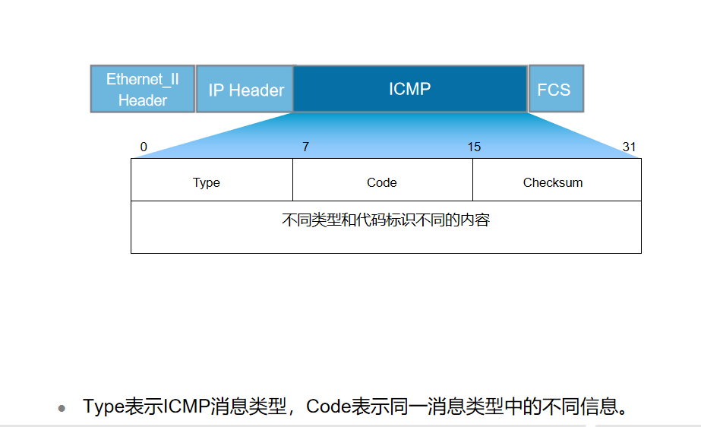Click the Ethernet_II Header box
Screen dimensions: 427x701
pyautogui.click(x=143, y=89)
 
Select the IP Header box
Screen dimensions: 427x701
pyautogui.click(x=245, y=90)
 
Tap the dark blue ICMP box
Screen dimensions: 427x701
pyautogui.click(x=410, y=89)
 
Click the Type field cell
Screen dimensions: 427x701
pyautogui.click(x=207, y=182)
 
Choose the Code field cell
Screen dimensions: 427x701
pyautogui.click(x=382, y=182)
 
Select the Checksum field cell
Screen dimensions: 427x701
pyautogui.click(x=553, y=182)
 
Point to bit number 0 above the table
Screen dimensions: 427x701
pyautogui.click(x=144, y=147)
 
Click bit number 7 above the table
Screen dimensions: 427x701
pyautogui.click(x=305, y=147)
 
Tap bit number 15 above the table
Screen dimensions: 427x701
pyautogui.click(x=474, y=147)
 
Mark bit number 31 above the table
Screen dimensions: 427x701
pyautogui.click(x=629, y=147)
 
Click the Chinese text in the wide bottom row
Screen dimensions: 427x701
pyautogui.click(x=386, y=220)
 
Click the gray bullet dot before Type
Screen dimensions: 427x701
pyautogui.click(x=62, y=408)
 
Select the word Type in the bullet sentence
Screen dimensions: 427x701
pyautogui.click(x=103, y=406)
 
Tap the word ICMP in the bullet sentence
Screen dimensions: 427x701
pyautogui.click(x=187, y=406)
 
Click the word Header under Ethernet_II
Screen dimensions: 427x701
pyautogui.click(x=143, y=100)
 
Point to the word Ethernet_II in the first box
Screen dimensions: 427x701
pyautogui.click(x=143, y=79)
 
